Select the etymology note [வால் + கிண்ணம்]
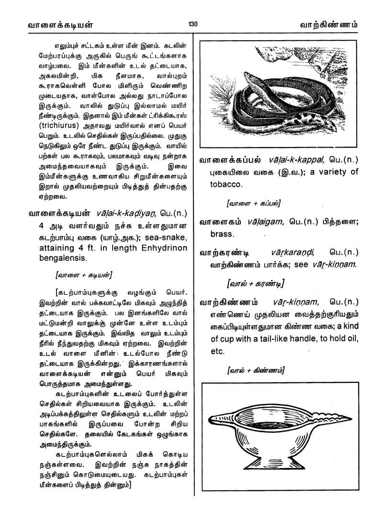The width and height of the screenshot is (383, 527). click(x=257, y=370)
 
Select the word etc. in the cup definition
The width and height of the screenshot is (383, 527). click(x=217, y=351)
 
